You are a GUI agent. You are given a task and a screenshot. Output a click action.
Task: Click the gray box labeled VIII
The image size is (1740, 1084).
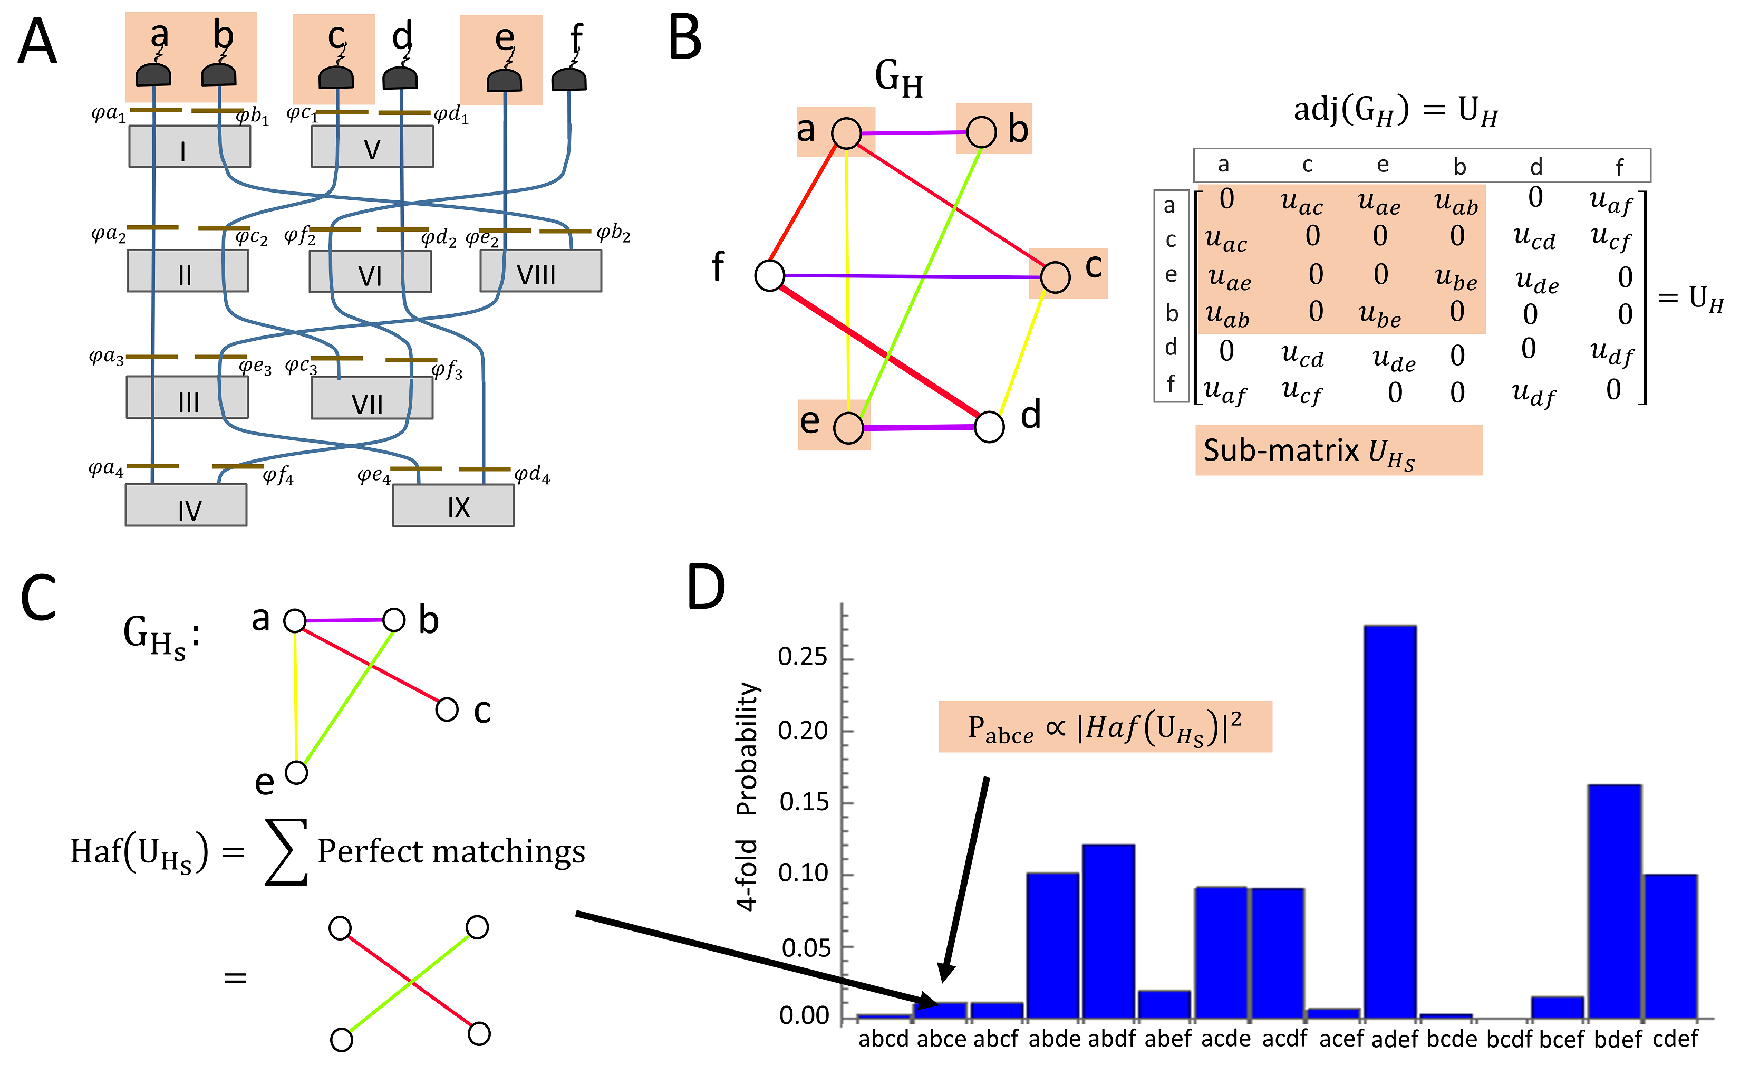click(x=540, y=272)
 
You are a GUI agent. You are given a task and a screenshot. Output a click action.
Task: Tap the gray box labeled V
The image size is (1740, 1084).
click(x=372, y=147)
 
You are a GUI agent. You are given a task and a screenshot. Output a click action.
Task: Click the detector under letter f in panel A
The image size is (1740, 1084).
click(x=569, y=79)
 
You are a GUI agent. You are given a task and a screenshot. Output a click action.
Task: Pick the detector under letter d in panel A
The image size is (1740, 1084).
click(x=400, y=78)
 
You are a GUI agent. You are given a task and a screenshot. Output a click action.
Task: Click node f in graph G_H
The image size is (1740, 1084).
click(x=770, y=275)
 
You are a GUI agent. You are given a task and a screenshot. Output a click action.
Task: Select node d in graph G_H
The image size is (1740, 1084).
click(x=989, y=427)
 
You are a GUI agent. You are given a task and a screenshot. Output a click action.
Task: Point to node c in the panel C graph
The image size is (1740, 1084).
click(x=447, y=710)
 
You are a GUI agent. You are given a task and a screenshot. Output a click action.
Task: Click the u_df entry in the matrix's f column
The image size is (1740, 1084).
click(x=1610, y=352)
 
